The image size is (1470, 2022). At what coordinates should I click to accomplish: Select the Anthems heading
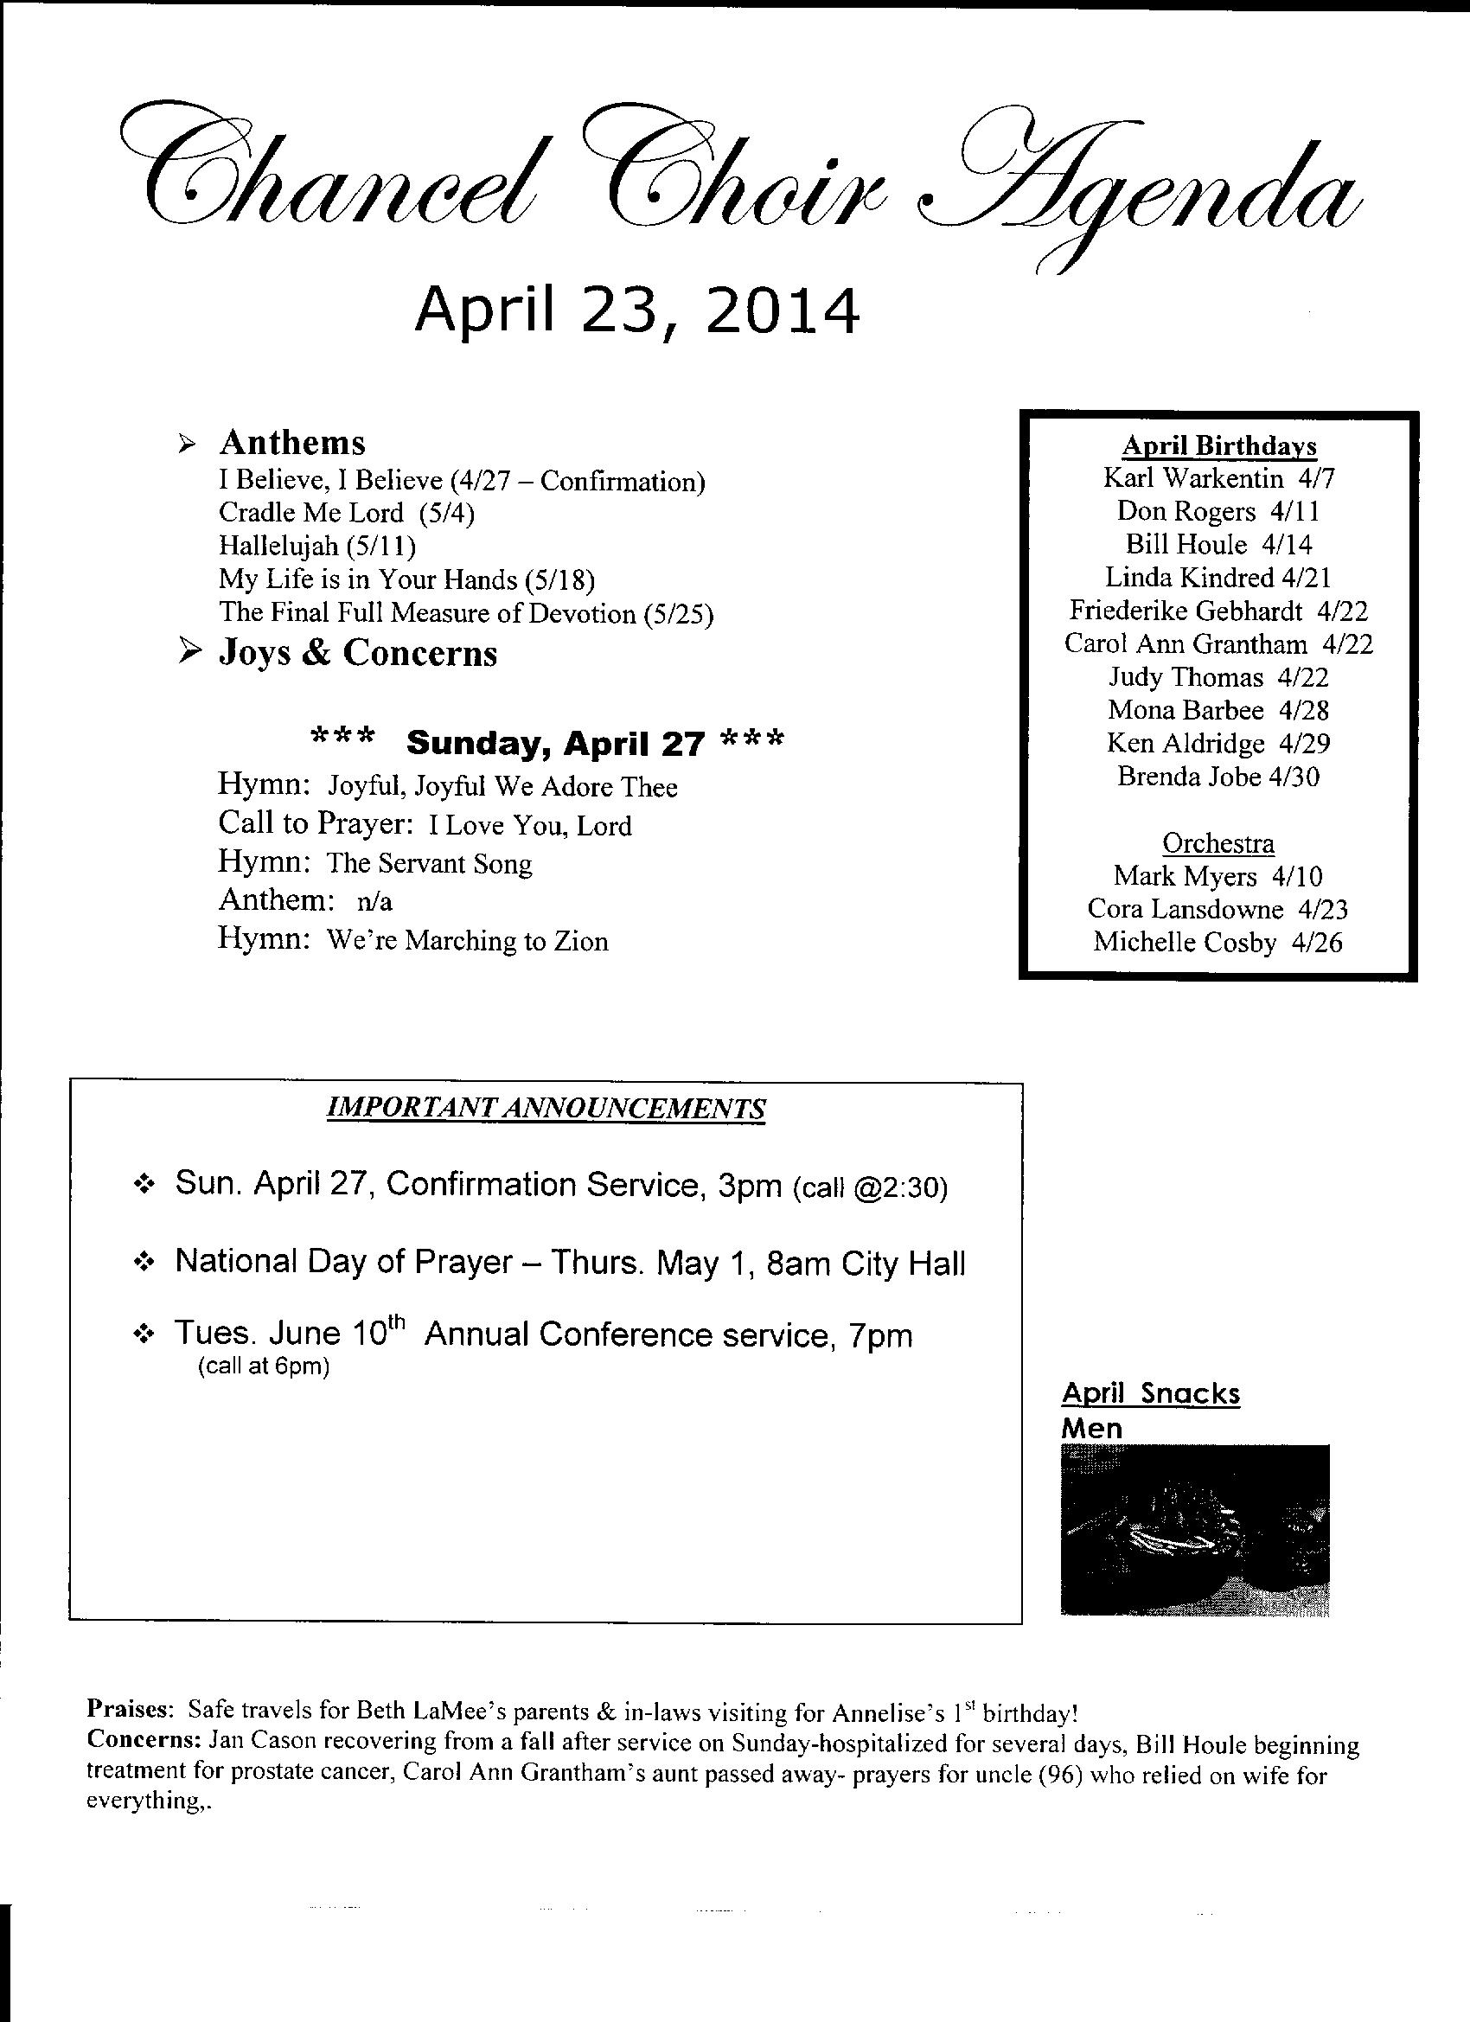click(x=291, y=442)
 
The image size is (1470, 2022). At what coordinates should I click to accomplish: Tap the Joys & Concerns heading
click(x=357, y=653)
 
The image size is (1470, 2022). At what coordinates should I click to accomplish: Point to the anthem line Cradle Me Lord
click(x=346, y=513)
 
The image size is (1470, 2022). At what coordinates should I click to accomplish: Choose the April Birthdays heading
click(x=1218, y=445)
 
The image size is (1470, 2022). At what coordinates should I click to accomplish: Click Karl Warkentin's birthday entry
click(x=1218, y=479)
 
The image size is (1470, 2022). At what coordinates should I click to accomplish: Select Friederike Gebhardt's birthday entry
click(x=1218, y=611)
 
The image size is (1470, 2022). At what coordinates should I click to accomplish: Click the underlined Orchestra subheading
click(x=1218, y=843)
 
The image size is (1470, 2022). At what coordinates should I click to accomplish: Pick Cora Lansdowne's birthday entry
click(x=1217, y=909)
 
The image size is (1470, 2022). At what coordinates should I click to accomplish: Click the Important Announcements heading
click(x=546, y=1108)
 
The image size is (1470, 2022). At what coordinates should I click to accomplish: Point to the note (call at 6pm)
click(x=263, y=1366)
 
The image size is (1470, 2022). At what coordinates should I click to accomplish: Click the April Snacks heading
click(x=1150, y=1393)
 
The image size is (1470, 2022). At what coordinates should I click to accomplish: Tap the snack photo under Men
click(x=1193, y=1531)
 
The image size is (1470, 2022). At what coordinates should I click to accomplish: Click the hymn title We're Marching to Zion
click(x=467, y=942)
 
